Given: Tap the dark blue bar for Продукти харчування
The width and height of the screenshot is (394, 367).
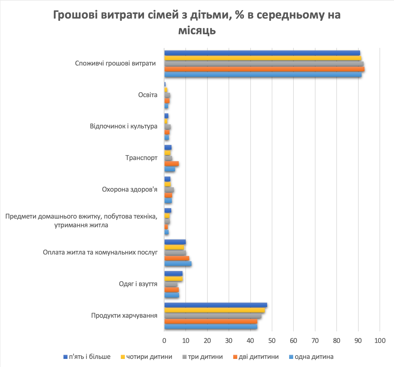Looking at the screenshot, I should pos(216,305).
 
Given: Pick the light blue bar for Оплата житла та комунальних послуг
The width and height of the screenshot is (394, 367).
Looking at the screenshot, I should pos(178,264).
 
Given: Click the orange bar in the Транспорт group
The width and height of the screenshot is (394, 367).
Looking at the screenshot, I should pos(172,164).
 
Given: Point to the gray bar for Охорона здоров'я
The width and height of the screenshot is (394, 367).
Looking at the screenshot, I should pos(169,190).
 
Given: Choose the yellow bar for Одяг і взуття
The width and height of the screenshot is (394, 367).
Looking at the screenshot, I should pos(173,279).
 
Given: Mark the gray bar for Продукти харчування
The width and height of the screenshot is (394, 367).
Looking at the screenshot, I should pos(213,316).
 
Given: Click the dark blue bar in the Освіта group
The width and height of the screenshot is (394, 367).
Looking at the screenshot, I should pos(165,84).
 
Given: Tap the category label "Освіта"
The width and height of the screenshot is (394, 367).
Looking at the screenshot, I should pos(148,95).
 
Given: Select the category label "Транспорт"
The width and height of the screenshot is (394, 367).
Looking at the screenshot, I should pos(141,158).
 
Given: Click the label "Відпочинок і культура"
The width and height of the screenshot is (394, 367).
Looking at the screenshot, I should pos(124,126).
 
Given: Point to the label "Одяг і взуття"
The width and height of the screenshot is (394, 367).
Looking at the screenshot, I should pos(138,284).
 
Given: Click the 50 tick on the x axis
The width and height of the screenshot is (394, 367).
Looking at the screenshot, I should pos(272,340).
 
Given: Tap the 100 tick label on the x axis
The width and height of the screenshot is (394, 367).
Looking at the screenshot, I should pos(380,340).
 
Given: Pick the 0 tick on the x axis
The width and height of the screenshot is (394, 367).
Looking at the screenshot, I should pos(164,340).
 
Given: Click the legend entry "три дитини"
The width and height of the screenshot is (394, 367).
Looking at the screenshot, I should pos(205,357).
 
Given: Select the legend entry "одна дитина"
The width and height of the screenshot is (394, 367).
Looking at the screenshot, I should pos(314,357).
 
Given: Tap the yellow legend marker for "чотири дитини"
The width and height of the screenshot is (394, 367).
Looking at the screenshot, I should pos(123,357).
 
